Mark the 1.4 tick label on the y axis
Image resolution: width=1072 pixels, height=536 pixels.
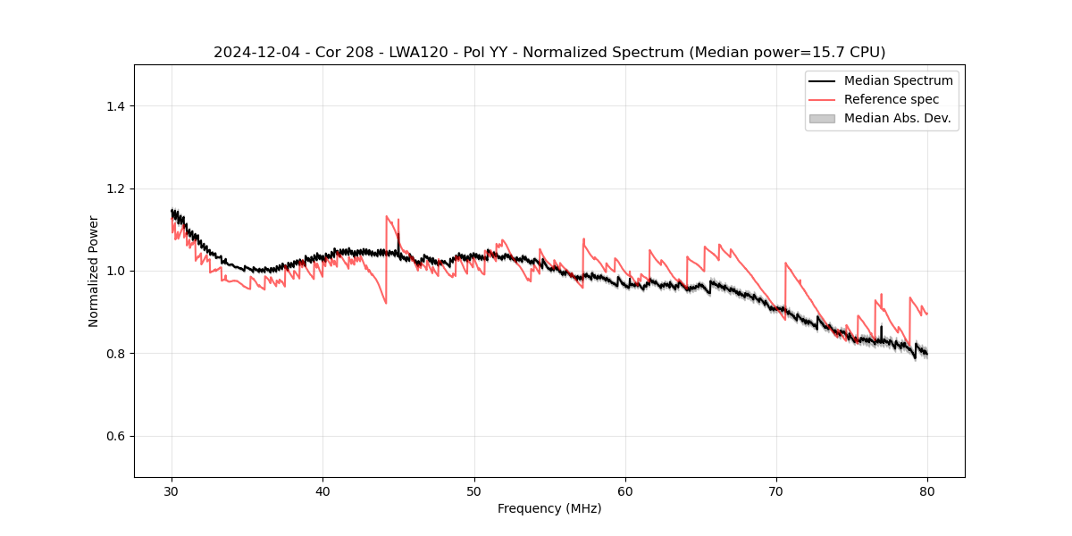click(x=114, y=106)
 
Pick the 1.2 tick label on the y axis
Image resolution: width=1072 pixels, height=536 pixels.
click(x=114, y=188)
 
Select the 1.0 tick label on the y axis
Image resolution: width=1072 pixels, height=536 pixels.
click(x=114, y=271)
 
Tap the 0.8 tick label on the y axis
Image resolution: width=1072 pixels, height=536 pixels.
click(x=114, y=354)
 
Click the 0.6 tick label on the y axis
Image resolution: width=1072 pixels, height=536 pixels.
click(x=114, y=436)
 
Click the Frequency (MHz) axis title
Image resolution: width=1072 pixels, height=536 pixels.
click(x=549, y=508)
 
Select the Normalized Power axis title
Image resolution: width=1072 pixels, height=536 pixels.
click(x=94, y=271)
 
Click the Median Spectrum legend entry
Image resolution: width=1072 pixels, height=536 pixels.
click(x=898, y=80)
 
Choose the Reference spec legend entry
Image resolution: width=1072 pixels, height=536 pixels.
click(x=892, y=99)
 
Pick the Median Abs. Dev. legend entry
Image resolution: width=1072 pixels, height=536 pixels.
click(x=897, y=118)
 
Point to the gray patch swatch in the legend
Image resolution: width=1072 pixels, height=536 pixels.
click(x=822, y=118)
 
